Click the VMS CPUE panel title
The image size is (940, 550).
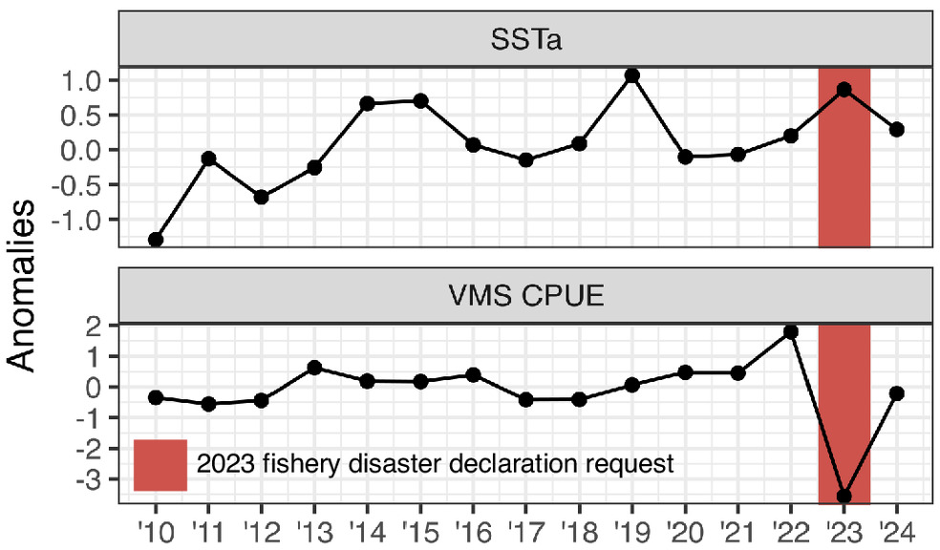click(x=524, y=298)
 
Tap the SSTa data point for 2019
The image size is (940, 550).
click(x=631, y=75)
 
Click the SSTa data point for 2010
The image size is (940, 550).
click(x=156, y=240)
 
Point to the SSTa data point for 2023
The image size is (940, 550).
click(x=844, y=90)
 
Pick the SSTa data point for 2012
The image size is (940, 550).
click(x=261, y=197)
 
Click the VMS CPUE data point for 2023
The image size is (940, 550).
click(x=844, y=497)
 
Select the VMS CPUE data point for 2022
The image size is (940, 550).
click(x=791, y=331)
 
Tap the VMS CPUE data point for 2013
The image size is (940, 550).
click(x=314, y=368)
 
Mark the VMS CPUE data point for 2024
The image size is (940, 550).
click(x=896, y=393)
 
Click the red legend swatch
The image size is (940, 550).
click(x=160, y=465)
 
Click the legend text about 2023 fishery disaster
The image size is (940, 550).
click(x=435, y=465)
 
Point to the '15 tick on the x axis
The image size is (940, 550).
click(x=419, y=527)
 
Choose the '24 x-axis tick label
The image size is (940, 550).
click(x=896, y=527)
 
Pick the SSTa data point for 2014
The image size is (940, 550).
click(x=367, y=103)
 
